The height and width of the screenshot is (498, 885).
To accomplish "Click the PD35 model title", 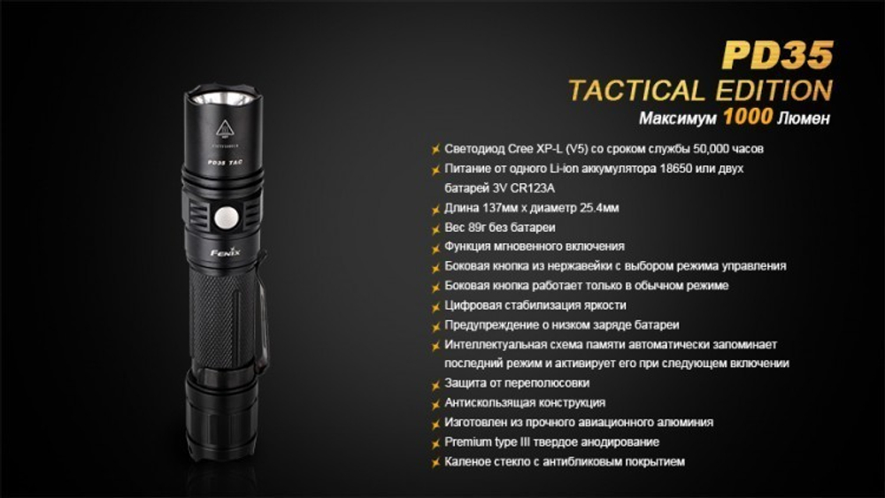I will coord(777,55).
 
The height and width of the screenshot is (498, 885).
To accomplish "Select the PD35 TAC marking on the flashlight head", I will coord(221,163).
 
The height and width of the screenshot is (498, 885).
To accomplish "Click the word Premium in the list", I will coord(468,441).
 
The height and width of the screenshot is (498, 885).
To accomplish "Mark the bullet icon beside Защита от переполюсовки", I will coord(435,384).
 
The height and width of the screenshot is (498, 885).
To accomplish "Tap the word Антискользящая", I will coord(491,402).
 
